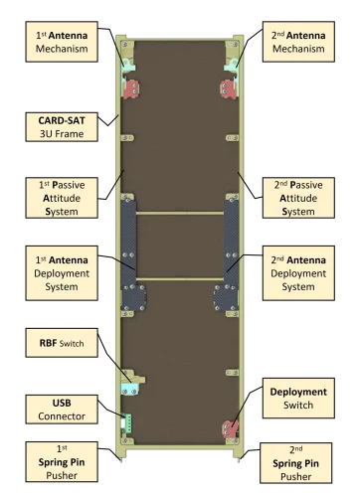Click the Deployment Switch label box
[x=298, y=398]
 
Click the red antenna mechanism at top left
[x=130, y=87]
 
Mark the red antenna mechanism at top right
[x=230, y=87]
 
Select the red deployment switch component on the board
[x=230, y=428]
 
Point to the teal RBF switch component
[x=129, y=379]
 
